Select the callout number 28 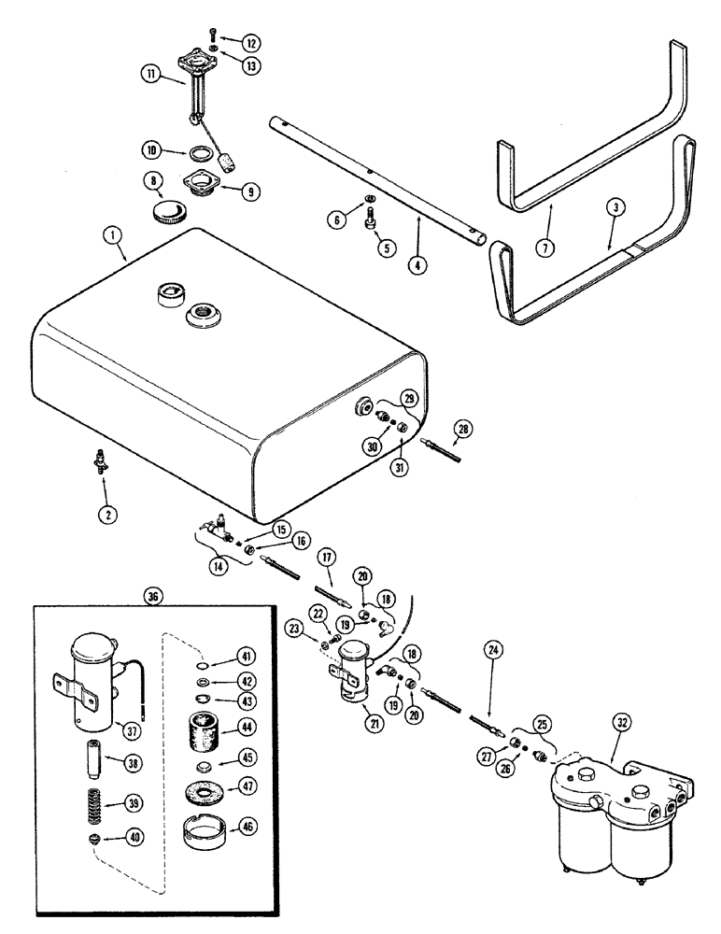click(x=459, y=430)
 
